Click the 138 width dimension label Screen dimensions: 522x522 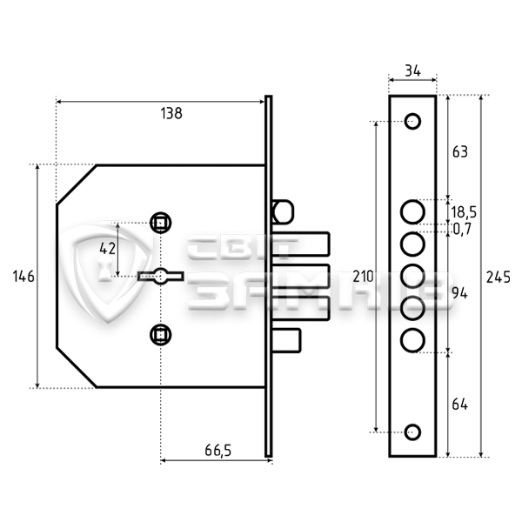(171, 114)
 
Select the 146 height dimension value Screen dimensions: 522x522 (23, 277)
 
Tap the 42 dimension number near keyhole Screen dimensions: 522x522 (107, 248)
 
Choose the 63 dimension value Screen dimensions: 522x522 (460, 151)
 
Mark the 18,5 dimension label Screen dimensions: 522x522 (463, 211)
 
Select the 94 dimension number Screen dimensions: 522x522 (460, 293)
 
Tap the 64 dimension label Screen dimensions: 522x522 (460, 404)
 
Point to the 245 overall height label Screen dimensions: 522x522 (499, 277)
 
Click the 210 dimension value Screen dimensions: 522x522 (364, 277)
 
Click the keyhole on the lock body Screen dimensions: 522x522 (160, 277)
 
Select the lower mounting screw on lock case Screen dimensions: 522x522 (160, 331)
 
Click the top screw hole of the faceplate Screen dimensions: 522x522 (413, 121)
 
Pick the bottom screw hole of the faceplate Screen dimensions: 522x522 (413, 431)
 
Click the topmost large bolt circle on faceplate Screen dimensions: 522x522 (412, 211)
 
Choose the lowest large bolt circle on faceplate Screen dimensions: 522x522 (412, 337)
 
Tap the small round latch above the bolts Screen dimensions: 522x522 (281, 211)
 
